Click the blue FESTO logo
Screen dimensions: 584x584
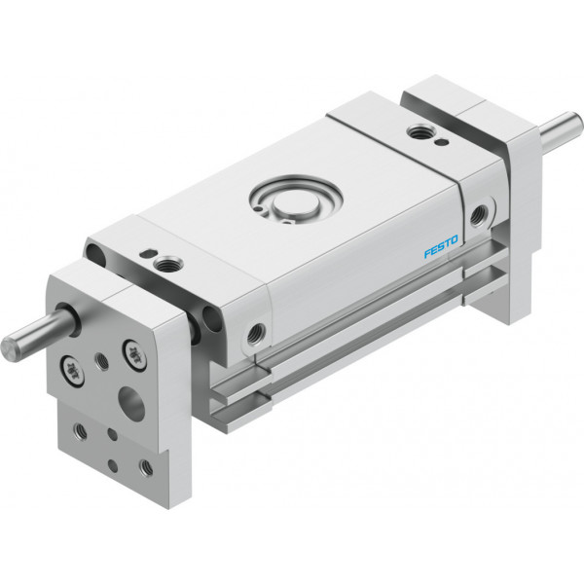[441, 246]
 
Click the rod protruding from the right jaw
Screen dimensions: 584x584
[562, 130]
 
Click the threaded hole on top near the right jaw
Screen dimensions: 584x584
[419, 131]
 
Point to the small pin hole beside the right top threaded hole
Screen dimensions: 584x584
[442, 141]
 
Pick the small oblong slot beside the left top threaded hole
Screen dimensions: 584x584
[146, 253]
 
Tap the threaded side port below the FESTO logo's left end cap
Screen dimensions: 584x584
[257, 333]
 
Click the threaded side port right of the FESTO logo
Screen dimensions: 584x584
[477, 215]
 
